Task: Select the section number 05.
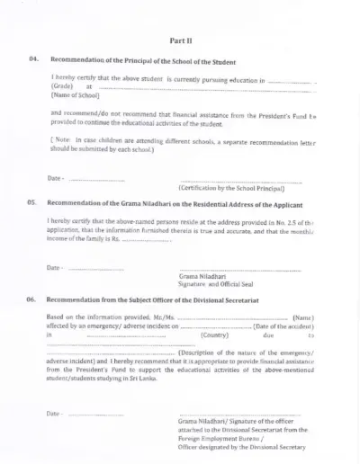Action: [x=32, y=204]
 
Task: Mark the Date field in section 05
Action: [x=95, y=268]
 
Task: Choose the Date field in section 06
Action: [x=95, y=413]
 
